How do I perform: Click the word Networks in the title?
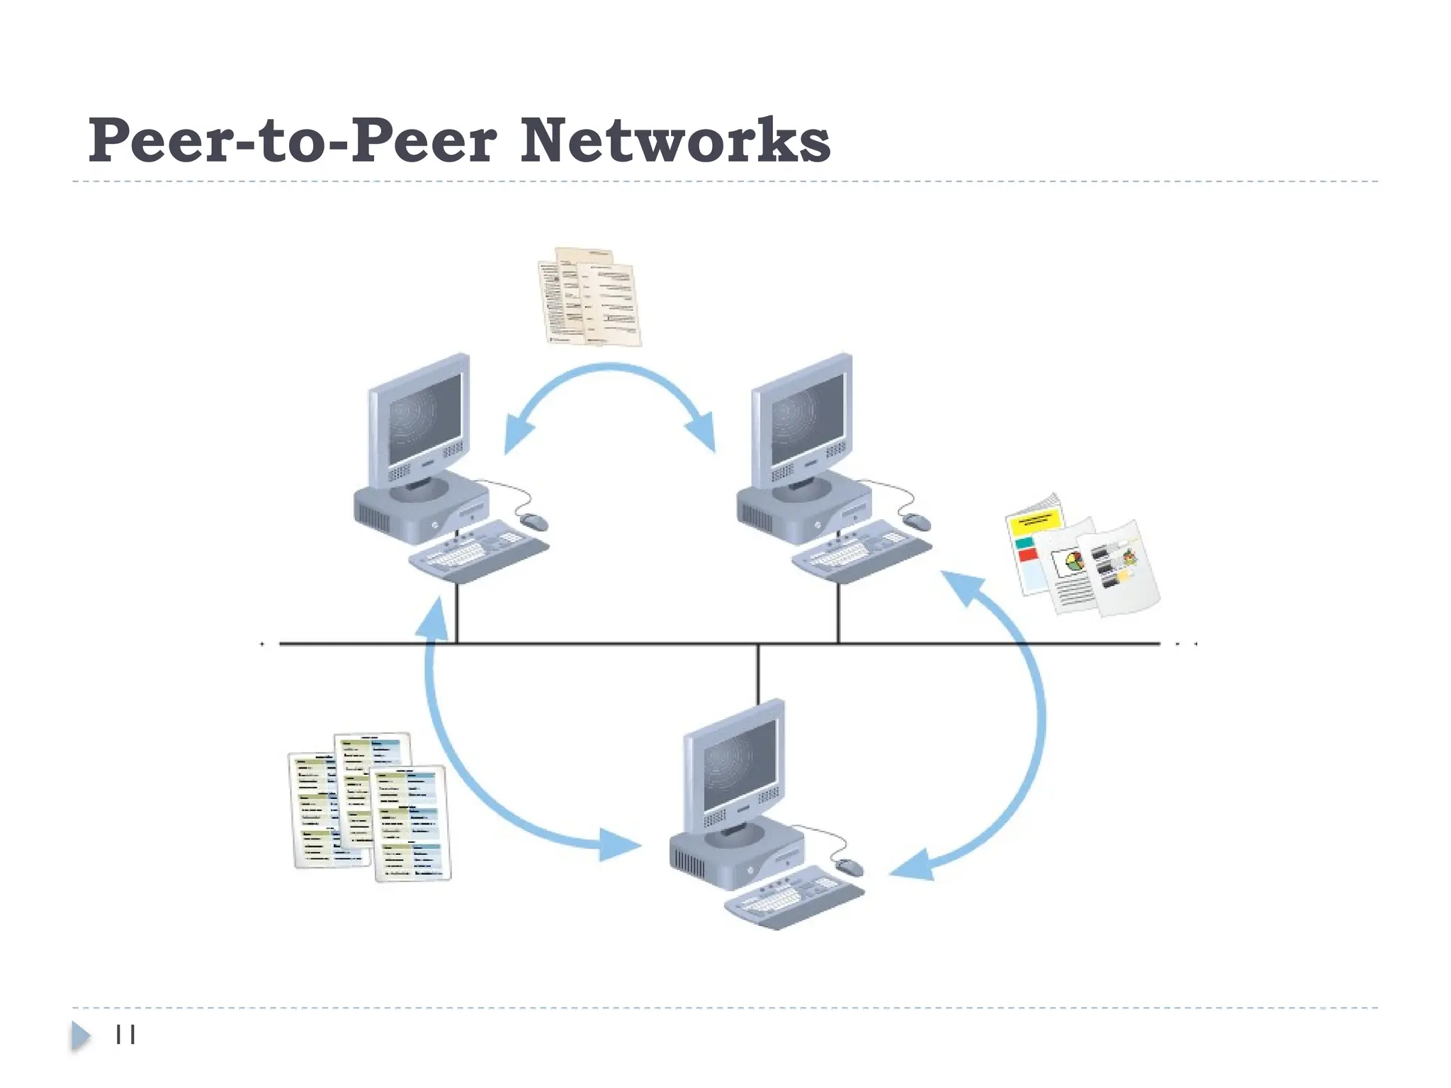pos(674,141)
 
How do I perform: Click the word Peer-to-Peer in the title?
pos(292,141)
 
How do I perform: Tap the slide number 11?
pos(125,1035)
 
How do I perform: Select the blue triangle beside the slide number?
pos(80,1036)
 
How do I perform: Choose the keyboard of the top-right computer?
pos(862,551)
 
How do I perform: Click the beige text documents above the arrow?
pos(589,297)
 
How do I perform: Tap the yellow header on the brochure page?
pos(1035,523)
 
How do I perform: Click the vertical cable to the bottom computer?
pos(758,673)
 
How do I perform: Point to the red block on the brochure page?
pos(1027,555)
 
